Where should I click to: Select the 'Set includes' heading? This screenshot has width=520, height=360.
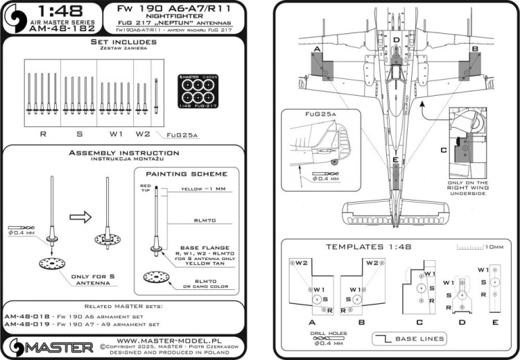(123, 42)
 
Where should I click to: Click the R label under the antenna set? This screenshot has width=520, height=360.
(43, 132)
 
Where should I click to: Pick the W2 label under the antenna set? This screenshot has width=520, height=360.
(142, 132)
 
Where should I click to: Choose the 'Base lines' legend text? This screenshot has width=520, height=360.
(420, 338)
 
